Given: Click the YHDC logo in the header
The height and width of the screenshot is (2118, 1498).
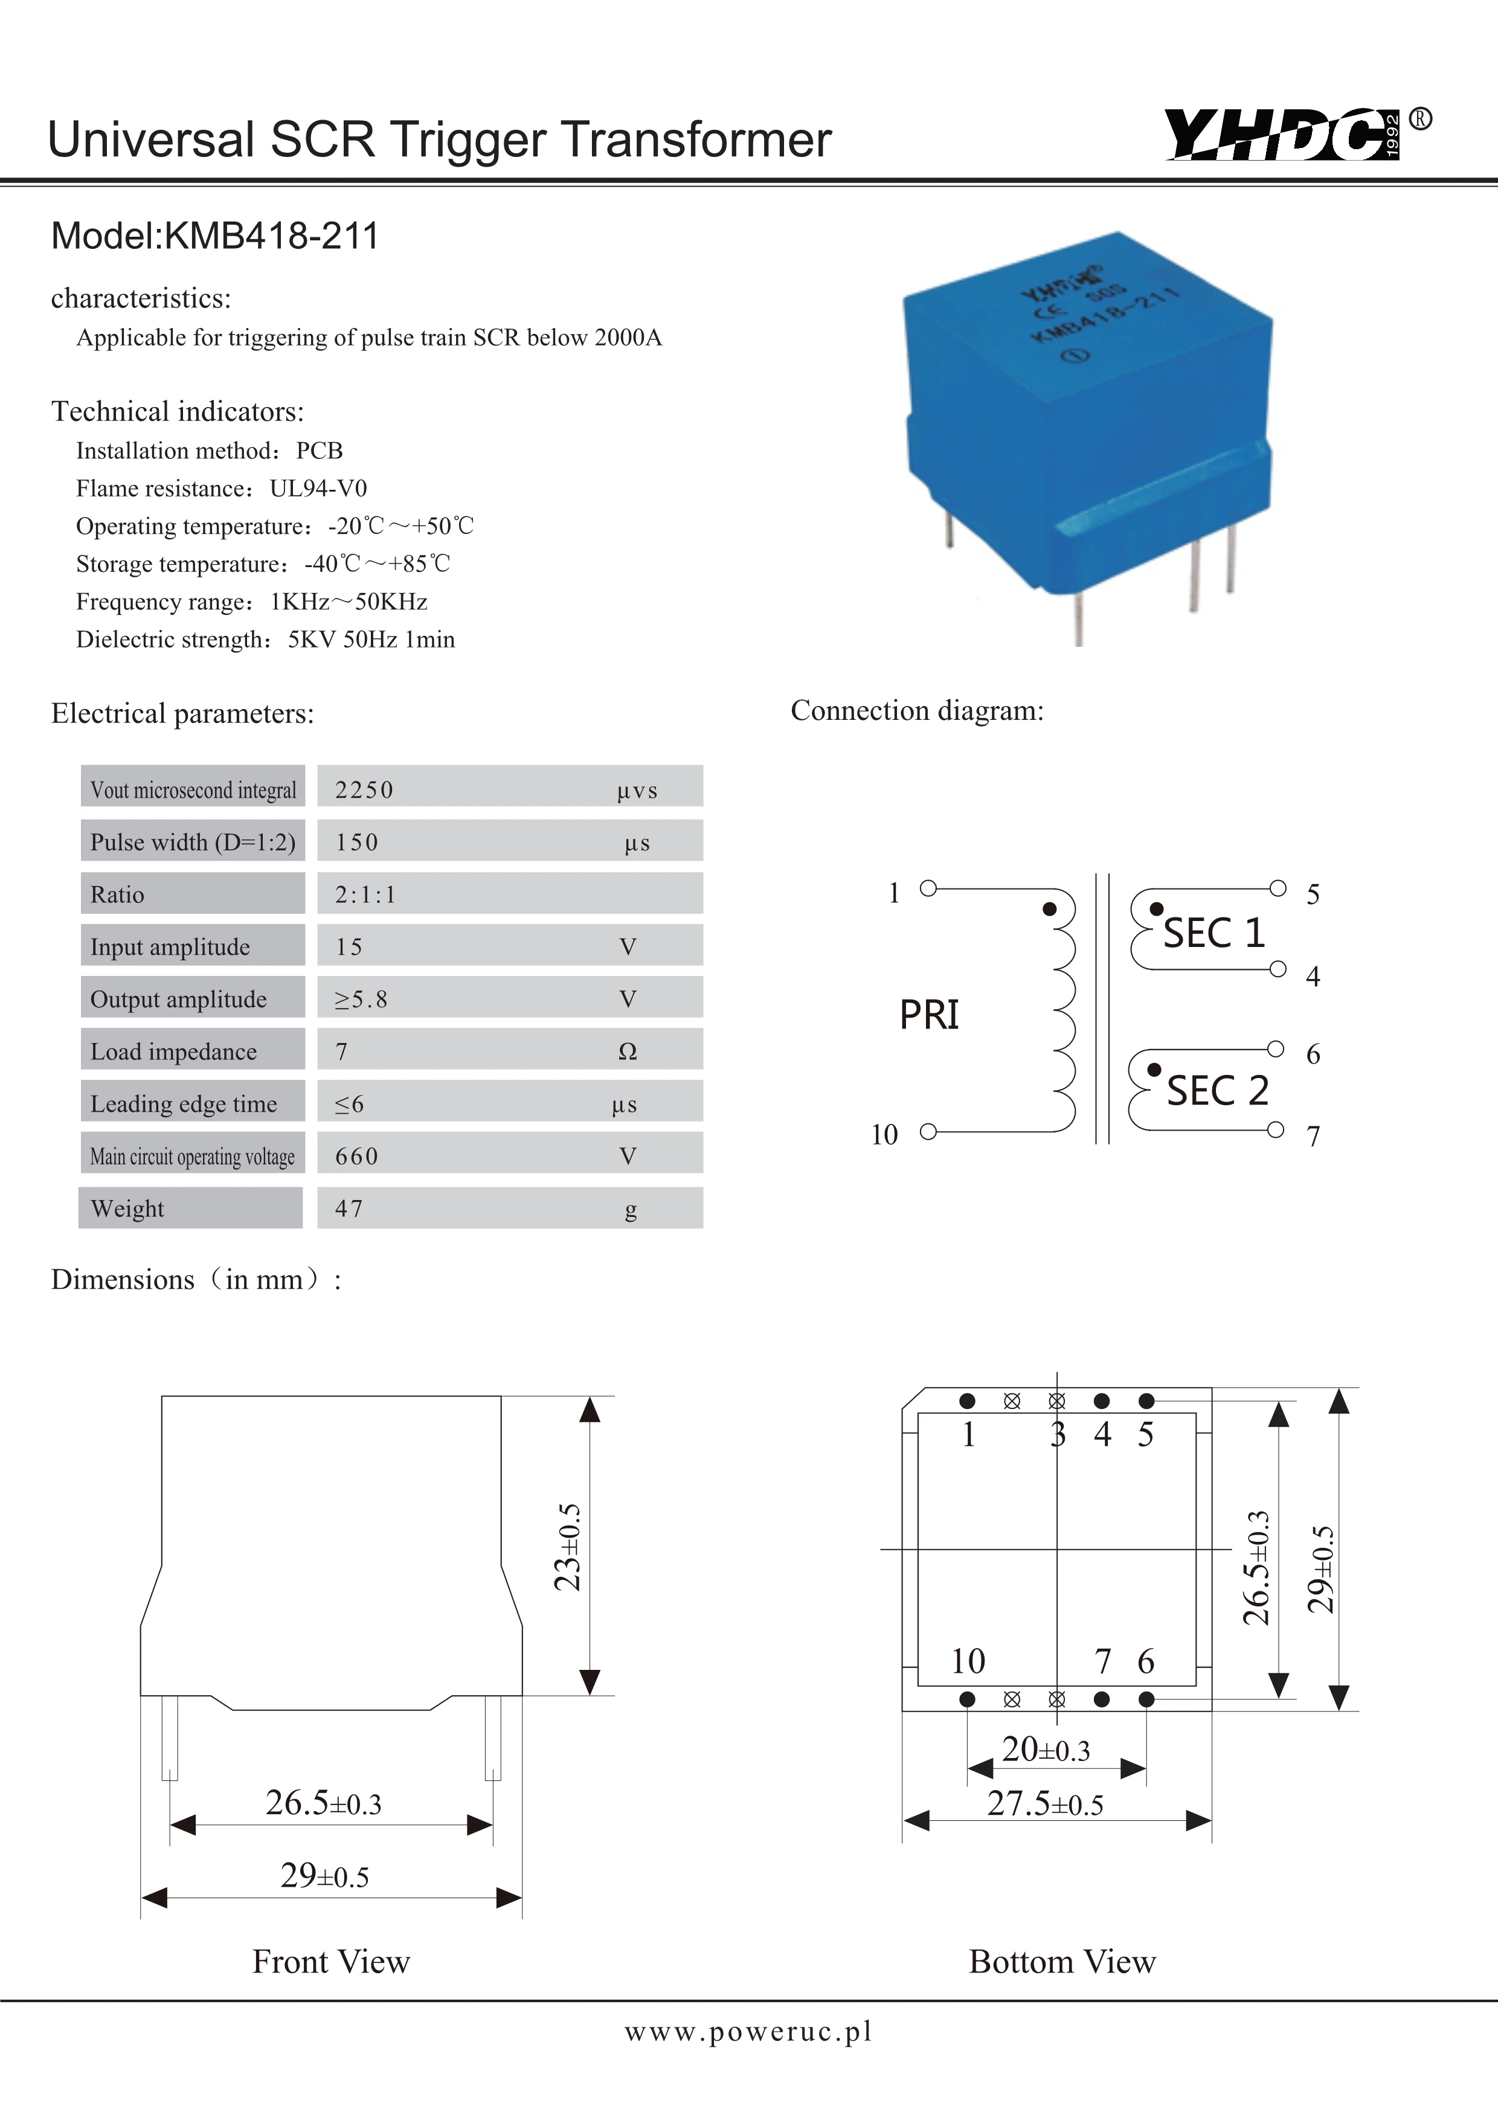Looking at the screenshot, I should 1282,135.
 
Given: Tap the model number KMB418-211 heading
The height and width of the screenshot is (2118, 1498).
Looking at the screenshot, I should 215,236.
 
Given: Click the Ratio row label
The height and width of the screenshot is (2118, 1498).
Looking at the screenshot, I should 118,895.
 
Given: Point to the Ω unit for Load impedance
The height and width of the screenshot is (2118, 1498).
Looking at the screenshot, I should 627,1051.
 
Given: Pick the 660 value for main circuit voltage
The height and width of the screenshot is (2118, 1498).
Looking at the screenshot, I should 357,1156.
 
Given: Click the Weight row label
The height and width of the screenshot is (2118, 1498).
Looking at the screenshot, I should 127,1208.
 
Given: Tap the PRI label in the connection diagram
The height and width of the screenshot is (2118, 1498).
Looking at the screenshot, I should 929,1015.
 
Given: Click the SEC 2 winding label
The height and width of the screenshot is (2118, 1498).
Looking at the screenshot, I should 1217,1091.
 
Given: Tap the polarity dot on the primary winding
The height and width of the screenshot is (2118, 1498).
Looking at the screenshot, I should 1049,909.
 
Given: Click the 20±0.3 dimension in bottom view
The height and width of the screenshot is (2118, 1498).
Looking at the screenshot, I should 1046,1750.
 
